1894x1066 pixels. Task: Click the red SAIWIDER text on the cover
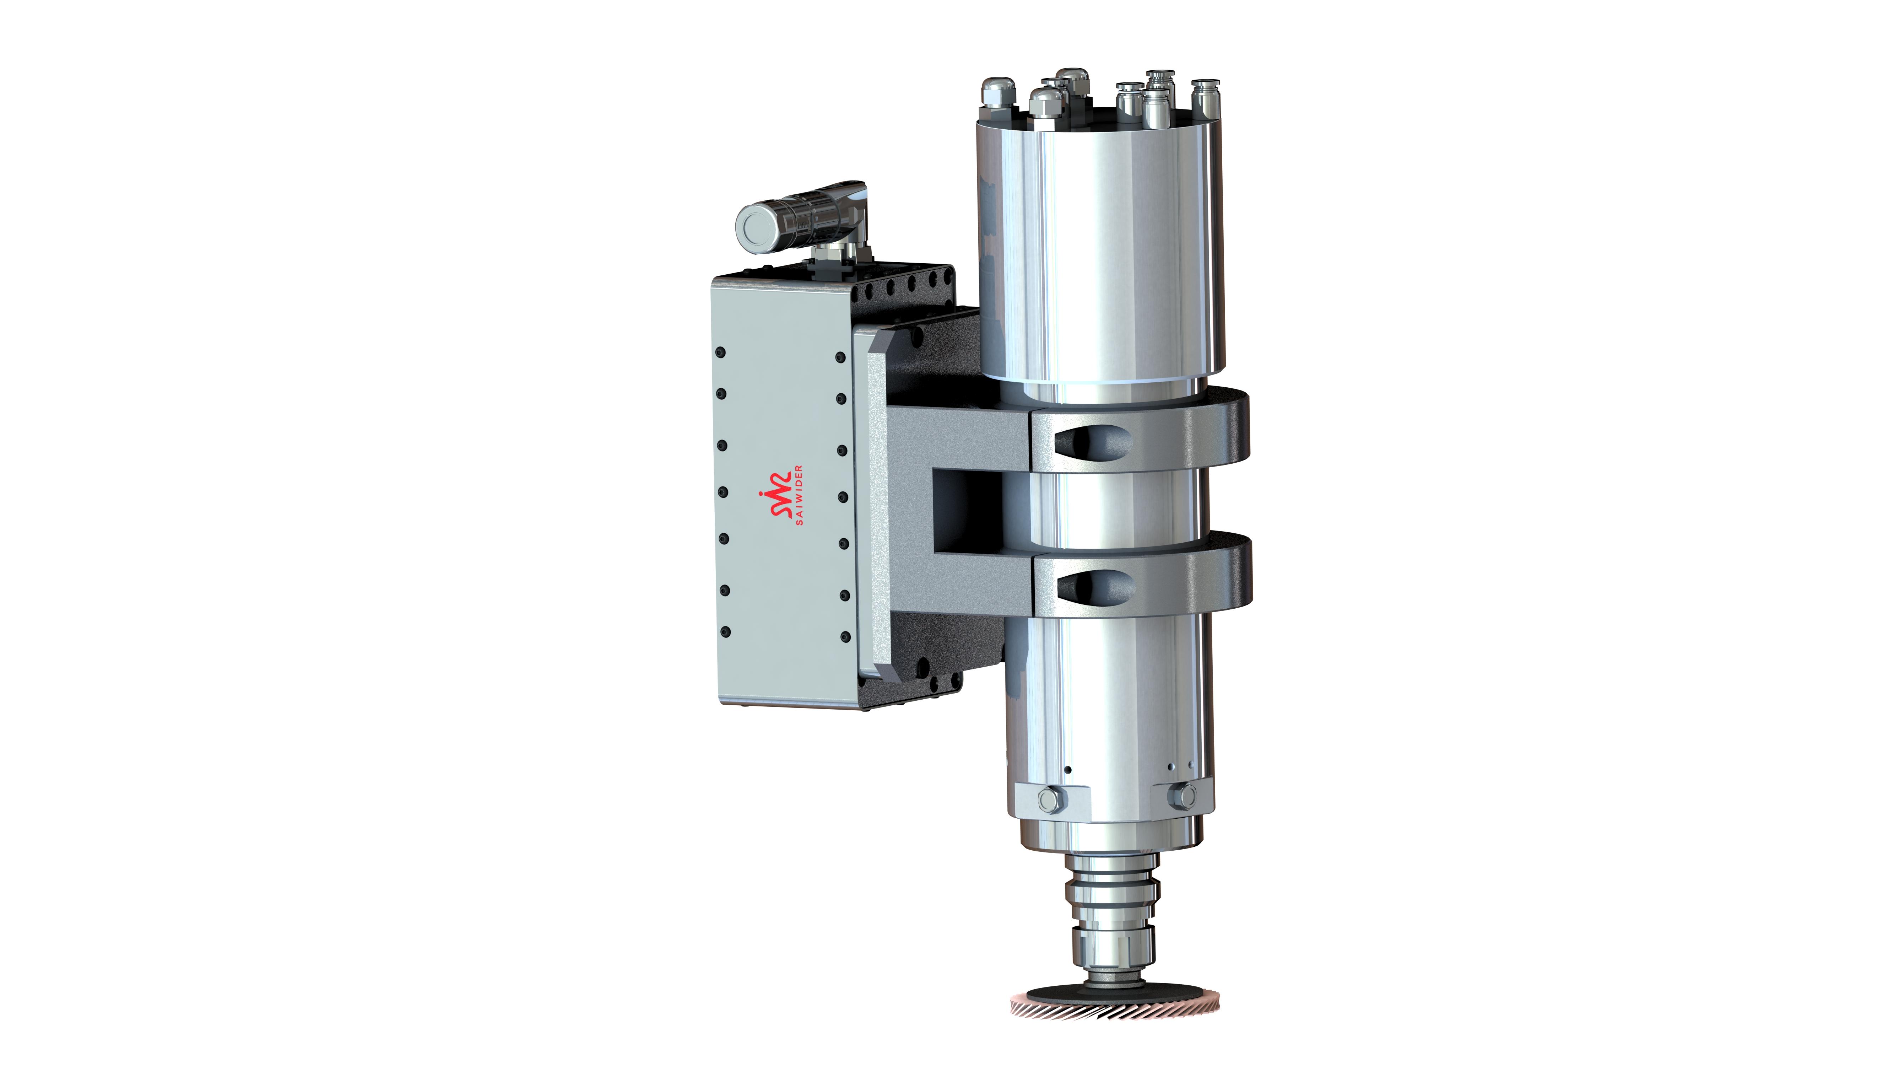tap(799, 494)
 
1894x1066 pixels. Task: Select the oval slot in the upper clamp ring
tap(1093, 441)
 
